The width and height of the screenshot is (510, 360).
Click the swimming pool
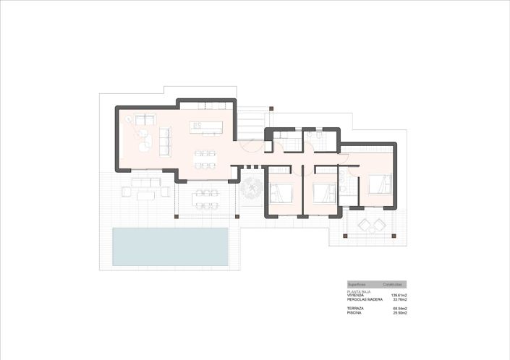[170, 247]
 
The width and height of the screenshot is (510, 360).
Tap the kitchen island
[205, 128]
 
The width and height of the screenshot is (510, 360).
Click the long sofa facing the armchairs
[164, 140]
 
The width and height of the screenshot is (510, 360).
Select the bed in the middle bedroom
[323, 194]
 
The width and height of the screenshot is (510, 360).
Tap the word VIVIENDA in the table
[356, 295]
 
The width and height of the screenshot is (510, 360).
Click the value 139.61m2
[399, 295]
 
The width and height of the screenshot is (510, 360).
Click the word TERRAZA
[355, 309]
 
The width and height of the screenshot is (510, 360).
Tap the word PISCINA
[354, 313]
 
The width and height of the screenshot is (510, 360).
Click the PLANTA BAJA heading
[359, 291]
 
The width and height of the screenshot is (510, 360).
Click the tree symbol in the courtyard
[252, 190]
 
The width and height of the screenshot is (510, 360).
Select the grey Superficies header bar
[376, 285]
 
